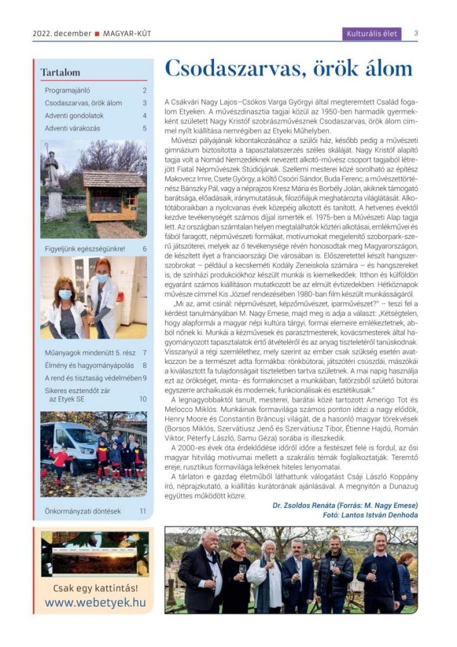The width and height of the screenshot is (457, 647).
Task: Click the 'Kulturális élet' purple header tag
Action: point(372,33)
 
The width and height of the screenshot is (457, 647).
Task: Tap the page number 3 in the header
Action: point(416,33)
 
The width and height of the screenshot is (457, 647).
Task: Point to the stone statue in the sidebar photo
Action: point(52,180)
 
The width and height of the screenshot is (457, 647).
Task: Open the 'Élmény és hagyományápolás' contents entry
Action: point(87,365)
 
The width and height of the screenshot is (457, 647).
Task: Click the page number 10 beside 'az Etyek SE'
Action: point(143,399)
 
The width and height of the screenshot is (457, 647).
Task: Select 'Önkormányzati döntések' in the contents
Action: point(83,511)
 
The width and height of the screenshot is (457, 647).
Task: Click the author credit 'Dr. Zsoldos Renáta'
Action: point(300,505)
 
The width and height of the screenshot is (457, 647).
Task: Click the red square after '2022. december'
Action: point(97,33)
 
